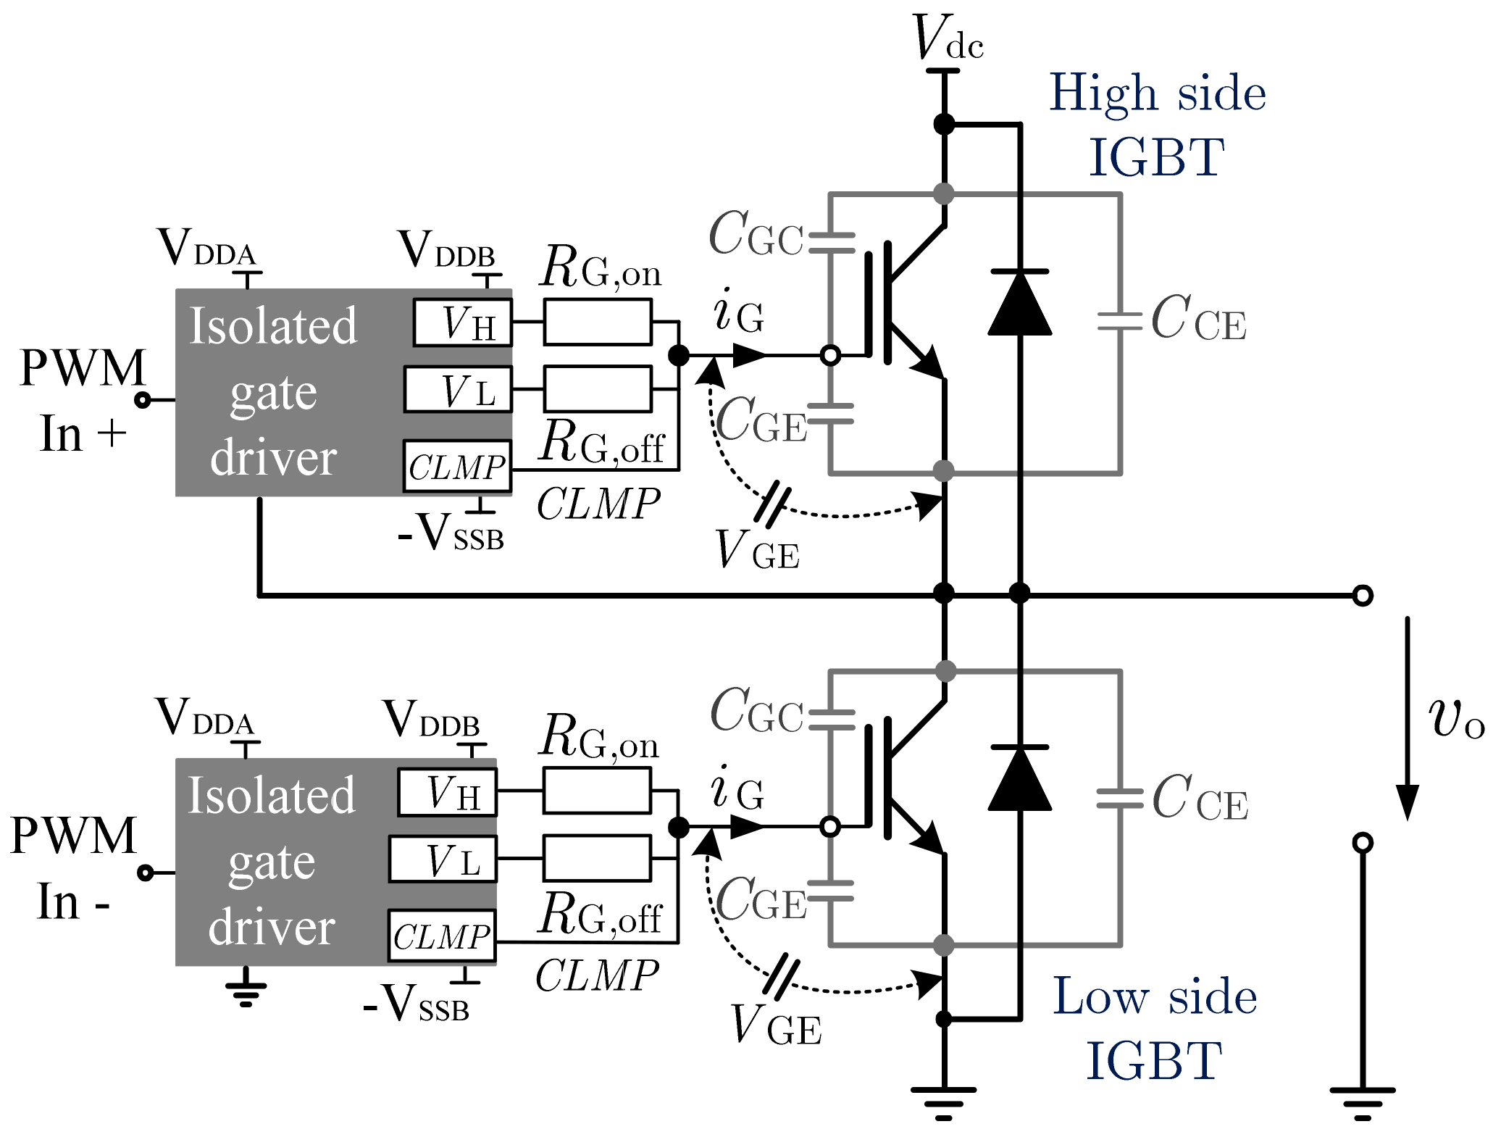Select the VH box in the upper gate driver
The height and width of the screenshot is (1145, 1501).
point(463,322)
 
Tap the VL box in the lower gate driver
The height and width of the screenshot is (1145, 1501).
point(443,859)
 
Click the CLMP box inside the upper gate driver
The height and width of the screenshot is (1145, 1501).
point(456,467)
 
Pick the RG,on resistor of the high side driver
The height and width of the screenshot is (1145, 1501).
point(597,322)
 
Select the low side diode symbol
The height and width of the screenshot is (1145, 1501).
point(1019,779)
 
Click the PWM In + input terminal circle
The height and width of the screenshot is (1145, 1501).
point(143,400)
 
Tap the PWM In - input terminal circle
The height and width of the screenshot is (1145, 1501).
point(146,873)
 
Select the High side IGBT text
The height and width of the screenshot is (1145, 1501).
point(1157,125)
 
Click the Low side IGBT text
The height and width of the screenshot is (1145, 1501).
point(1154,1028)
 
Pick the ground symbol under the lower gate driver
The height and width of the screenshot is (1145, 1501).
point(246,990)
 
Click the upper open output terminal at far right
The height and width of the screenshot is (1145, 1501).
point(1363,596)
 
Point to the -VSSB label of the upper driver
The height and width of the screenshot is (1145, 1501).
point(451,535)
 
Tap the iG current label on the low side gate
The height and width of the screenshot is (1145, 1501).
point(737,791)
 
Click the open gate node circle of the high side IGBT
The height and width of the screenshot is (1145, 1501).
point(831,355)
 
